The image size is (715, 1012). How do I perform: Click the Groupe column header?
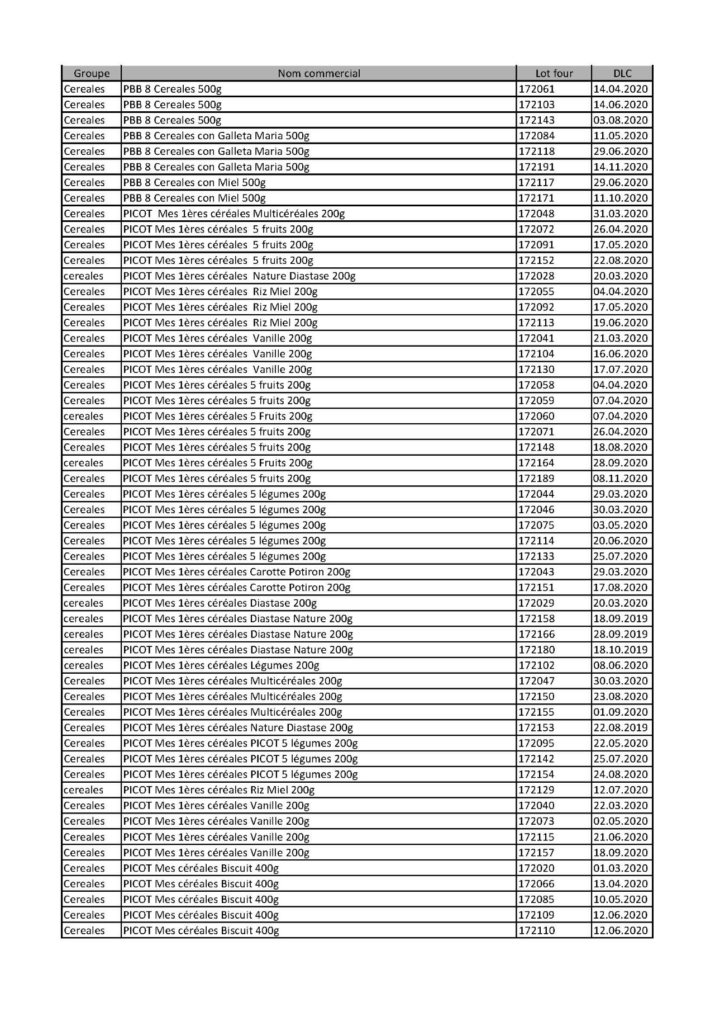click(92, 73)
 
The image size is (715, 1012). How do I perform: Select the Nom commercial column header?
click(319, 73)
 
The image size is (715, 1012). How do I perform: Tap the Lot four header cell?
click(554, 73)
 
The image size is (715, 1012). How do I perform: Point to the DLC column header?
click(622, 73)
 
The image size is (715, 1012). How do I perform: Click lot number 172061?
click(537, 89)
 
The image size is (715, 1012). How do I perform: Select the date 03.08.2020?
click(620, 120)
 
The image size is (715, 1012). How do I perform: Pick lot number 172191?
click(537, 167)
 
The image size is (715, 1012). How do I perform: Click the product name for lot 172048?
click(234, 214)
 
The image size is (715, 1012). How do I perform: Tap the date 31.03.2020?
click(620, 214)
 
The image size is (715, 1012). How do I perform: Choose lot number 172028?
click(537, 276)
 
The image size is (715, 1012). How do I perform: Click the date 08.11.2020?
click(620, 478)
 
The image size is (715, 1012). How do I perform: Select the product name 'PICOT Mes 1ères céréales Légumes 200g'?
click(221, 665)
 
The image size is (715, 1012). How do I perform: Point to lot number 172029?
click(537, 603)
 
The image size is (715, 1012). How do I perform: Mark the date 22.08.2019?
click(620, 727)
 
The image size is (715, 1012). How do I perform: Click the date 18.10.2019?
click(620, 650)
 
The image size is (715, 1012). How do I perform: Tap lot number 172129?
click(537, 790)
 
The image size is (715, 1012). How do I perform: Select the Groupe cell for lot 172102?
click(84, 665)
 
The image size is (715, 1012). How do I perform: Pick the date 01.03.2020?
click(620, 868)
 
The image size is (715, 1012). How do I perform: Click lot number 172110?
click(537, 930)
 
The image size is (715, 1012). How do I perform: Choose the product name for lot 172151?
click(237, 588)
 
